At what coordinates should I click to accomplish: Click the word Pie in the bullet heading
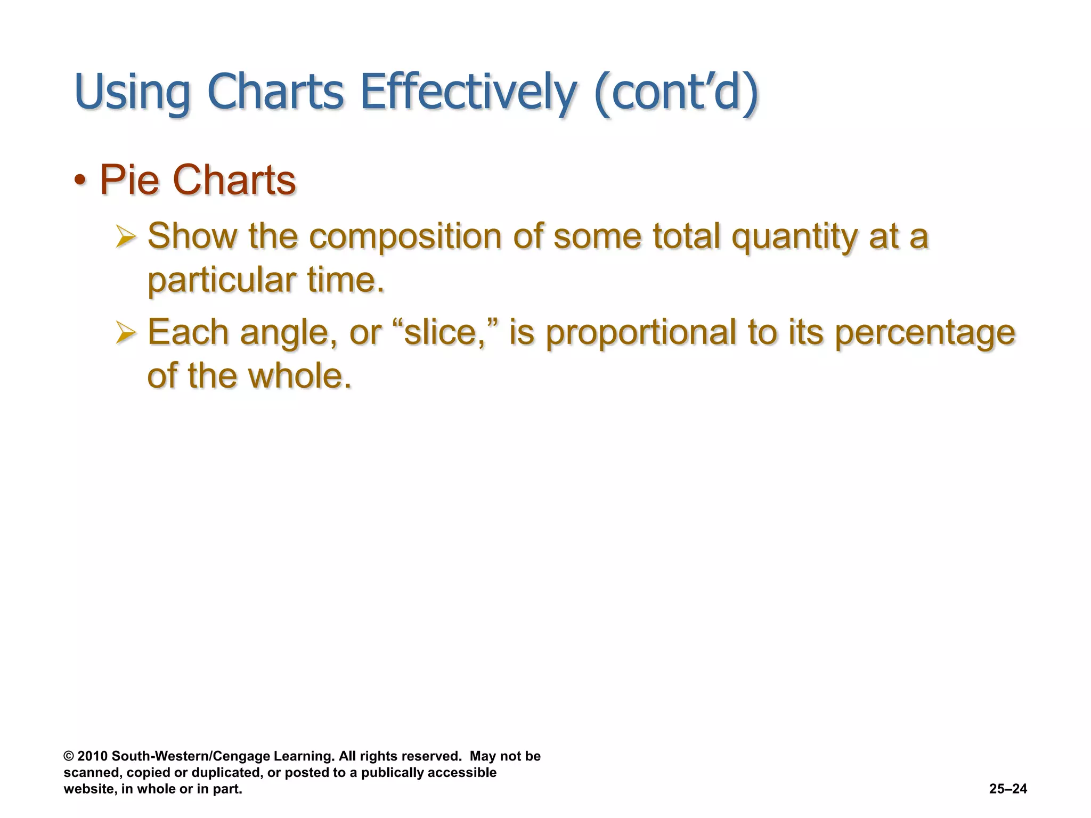129,180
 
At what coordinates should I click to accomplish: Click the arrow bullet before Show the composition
126,236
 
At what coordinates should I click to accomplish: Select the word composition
405,236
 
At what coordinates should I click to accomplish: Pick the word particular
222,280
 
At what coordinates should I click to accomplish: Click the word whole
300,375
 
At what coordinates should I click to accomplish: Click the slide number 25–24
1008,789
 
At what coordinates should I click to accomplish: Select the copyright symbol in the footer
68,756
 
